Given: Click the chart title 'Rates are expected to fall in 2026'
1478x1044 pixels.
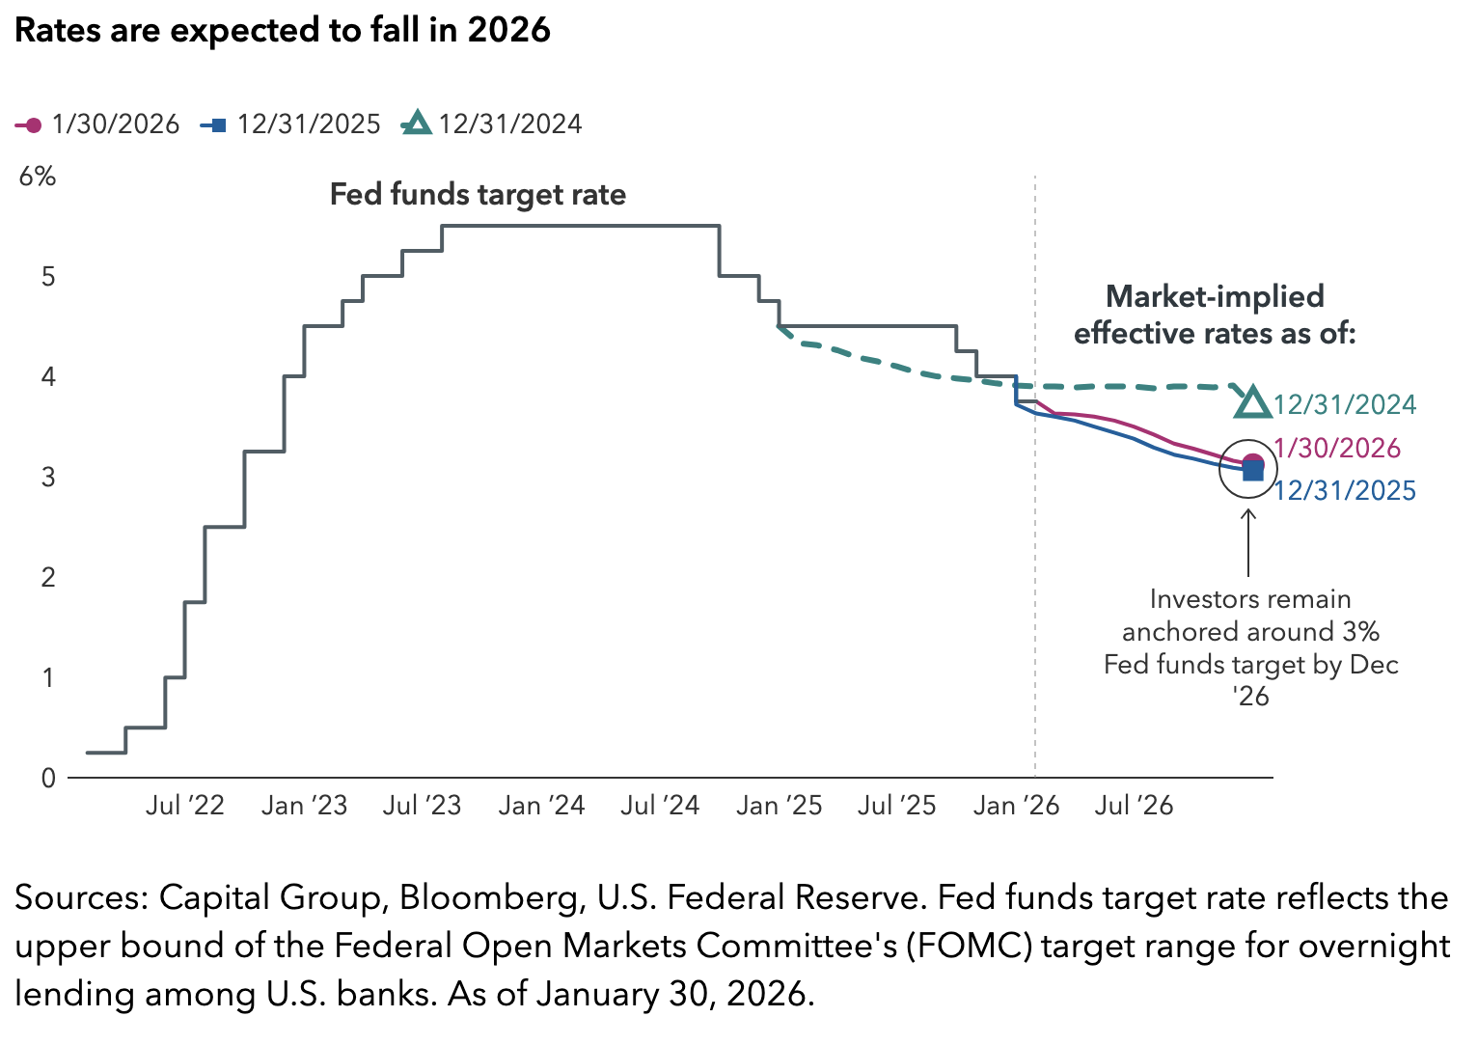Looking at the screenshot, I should pyautogui.click(x=283, y=30).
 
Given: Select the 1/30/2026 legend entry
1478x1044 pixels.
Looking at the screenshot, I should pyautogui.click(x=97, y=124).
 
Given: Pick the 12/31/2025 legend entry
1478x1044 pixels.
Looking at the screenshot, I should pyautogui.click(x=290, y=124).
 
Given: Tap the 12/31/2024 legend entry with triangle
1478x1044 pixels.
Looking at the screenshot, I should pyautogui.click(x=492, y=124).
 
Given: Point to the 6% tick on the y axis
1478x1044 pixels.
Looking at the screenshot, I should pyautogui.click(x=38, y=177).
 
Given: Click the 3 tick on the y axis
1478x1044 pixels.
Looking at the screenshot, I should pyautogui.click(x=48, y=477).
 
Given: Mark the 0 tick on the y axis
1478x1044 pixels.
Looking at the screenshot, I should pyautogui.click(x=48, y=778).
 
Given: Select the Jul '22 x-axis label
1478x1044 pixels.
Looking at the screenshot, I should pyautogui.click(x=184, y=806).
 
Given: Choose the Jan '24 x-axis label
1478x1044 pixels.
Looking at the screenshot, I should pyautogui.click(x=541, y=806).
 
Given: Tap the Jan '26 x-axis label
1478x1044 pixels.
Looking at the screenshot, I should pyautogui.click(x=1016, y=806).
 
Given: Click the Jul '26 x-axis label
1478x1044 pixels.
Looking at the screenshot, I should pyautogui.click(x=1134, y=806).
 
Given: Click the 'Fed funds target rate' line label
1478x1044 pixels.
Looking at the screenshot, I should pyautogui.click(x=478, y=195).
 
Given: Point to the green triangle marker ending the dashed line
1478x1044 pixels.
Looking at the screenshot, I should pyautogui.click(x=1252, y=402).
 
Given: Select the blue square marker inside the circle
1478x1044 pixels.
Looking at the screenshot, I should pyautogui.click(x=1252, y=471).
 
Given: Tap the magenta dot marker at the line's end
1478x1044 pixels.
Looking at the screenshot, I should pyautogui.click(x=1253, y=462).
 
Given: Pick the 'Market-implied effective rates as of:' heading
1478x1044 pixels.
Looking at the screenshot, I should pyautogui.click(x=1215, y=315).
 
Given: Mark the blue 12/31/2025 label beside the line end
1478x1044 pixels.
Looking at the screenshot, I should pyautogui.click(x=1345, y=491).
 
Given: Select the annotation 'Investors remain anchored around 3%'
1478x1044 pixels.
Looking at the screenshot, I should pyautogui.click(x=1250, y=616).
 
